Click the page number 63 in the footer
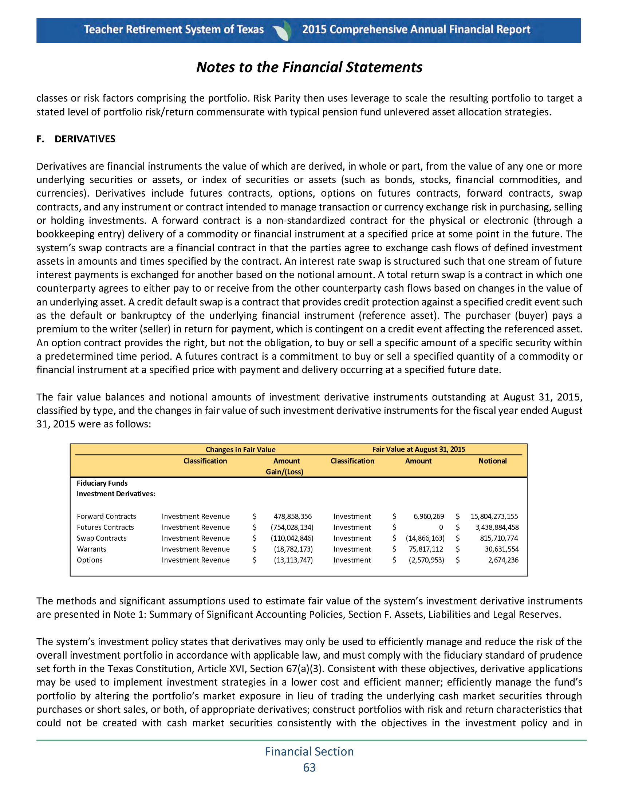coord(309,767)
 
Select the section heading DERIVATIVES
coord(85,139)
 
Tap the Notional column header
coord(492,461)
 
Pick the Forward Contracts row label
coord(106,516)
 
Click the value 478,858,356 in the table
coord(293,516)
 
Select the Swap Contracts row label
coord(102,538)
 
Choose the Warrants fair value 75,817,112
coord(426,549)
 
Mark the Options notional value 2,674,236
coord(503,560)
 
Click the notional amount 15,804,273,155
coord(494,516)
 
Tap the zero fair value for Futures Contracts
coord(441,528)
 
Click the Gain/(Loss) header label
coord(285,472)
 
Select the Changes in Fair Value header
coord(240,450)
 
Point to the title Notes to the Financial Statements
coord(309,67)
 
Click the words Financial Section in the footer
coord(309,751)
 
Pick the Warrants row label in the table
coord(91,549)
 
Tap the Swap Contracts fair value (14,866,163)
coord(425,538)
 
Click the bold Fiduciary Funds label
coord(102,484)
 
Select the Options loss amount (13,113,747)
coord(293,560)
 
